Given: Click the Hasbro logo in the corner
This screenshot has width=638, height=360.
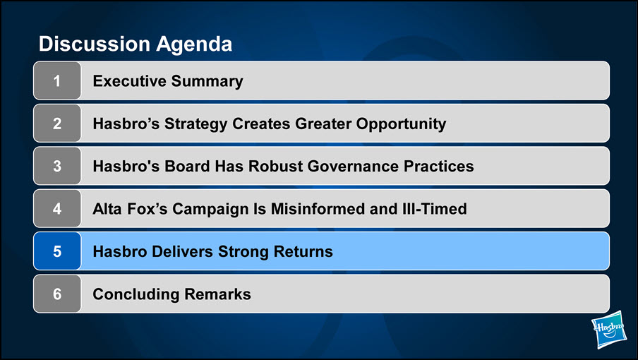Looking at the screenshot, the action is pos(609,330).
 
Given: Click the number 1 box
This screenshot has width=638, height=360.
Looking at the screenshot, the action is pos(57,80).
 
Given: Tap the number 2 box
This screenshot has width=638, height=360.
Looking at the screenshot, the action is pos(57,124).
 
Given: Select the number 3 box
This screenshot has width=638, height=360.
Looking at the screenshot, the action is pos(57,166).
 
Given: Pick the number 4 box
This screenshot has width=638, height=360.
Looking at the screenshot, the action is pos(57,209).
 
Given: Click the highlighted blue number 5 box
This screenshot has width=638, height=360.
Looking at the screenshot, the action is pos(57,251).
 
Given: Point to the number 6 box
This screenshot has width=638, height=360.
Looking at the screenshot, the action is pos(57,294).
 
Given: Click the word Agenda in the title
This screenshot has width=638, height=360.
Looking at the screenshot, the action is pos(194,44).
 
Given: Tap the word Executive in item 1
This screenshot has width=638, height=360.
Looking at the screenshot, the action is pos(129,81).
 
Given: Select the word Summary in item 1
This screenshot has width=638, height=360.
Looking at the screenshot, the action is pos(207,82).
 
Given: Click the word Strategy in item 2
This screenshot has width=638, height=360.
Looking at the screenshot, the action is pos(195,124).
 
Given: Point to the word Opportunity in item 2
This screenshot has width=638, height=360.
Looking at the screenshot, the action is pos(401,124).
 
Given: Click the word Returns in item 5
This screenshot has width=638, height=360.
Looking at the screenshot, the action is pos(303,252).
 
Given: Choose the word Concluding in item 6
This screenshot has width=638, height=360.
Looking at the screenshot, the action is pos(136,295).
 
